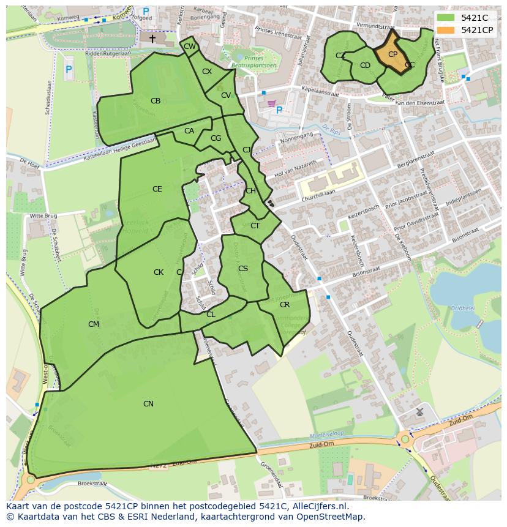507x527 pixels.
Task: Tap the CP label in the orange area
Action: pos(392,54)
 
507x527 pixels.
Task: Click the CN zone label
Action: pos(148,403)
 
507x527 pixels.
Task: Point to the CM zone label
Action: pos(93,324)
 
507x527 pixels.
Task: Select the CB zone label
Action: pos(156,101)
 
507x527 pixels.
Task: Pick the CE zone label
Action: pos(157,189)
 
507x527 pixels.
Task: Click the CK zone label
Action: pos(159,272)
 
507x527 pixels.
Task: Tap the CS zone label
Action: pos(243,269)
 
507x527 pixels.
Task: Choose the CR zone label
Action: pos(285,304)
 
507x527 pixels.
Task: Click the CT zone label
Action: pos(255,226)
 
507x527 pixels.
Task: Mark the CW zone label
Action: pos(190,47)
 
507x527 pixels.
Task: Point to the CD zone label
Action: pos(365,65)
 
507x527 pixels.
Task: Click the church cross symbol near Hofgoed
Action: pos(152,39)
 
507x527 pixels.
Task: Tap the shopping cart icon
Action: pos(271,103)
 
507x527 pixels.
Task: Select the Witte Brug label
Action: pos(43,216)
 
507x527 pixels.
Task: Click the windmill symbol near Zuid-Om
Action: pos(420,412)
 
